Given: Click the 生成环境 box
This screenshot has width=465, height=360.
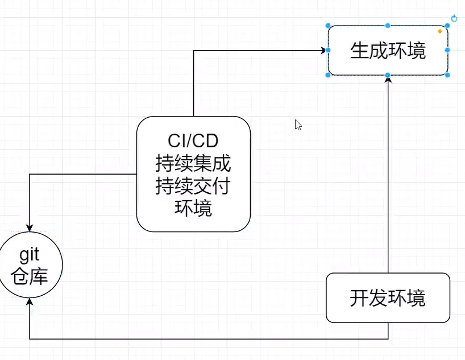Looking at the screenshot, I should [388, 51].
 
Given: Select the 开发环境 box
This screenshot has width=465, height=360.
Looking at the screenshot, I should [388, 298].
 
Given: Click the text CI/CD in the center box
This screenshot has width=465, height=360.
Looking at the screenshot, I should [193, 140].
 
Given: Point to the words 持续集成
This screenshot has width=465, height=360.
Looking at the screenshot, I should [193, 164].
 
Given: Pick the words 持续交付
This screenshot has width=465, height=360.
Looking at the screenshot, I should [193, 186].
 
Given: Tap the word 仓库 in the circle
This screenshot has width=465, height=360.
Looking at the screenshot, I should [30, 278].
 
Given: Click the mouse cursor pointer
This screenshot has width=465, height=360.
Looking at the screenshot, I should [298, 125].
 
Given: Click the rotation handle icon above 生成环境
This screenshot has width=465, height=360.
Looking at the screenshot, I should [454, 19].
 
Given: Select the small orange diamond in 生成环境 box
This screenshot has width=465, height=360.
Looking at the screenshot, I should [440, 31].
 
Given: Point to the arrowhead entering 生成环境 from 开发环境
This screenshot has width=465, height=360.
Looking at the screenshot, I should [388, 79].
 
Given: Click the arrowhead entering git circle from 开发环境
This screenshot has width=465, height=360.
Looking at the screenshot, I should [30, 302].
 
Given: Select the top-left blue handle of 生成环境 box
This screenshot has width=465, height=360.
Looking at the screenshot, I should [328, 26].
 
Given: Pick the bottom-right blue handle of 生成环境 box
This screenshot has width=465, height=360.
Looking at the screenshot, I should [447, 75].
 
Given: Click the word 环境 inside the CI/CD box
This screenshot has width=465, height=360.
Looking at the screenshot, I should [193, 208].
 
